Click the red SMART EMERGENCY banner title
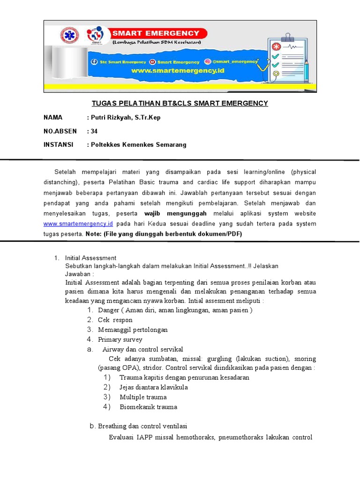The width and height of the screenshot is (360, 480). pyautogui.click(x=156, y=33)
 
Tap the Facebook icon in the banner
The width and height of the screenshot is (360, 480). pyautogui.click(x=94, y=62)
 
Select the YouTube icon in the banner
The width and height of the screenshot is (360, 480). pyautogui.click(x=153, y=62)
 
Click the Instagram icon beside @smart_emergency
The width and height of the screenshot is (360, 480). pyautogui.click(x=208, y=61)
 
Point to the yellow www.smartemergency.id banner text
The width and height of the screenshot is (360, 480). pyautogui.click(x=178, y=71)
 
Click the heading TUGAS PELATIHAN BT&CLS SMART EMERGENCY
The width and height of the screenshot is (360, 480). pyautogui.click(x=180, y=103)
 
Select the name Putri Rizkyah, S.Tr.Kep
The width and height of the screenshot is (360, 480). pyautogui.click(x=126, y=118)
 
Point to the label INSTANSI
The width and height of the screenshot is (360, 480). pyautogui.click(x=59, y=145)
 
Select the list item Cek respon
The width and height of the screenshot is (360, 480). pyautogui.click(x=115, y=320)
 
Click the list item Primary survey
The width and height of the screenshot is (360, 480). pyautogui.click(x=120, y=339)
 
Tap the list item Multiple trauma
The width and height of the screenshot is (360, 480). pyautogui.click(x=143, y=397)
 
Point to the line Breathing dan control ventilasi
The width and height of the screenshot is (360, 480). pyautogui.click(x=142, y=426)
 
